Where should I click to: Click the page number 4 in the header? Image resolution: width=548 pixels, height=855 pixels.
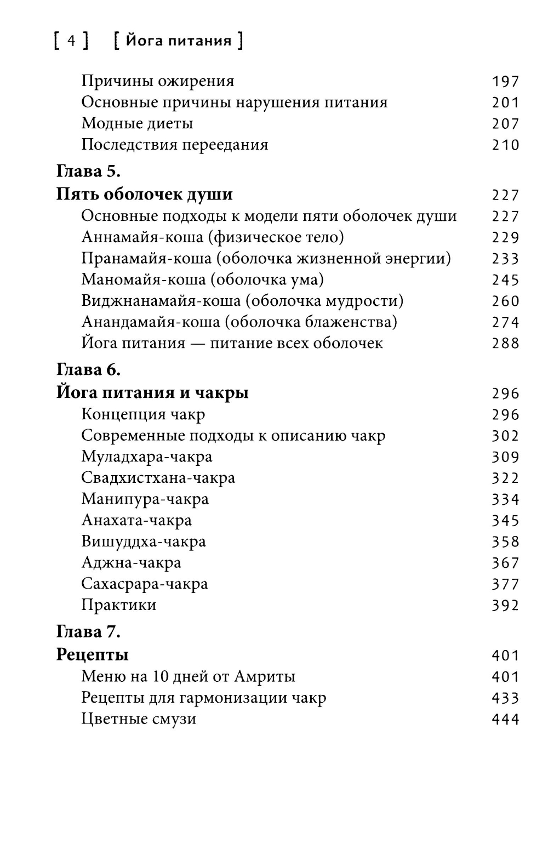[x=71, y=42]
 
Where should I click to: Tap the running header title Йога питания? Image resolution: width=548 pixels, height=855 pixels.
[x=179, y=42]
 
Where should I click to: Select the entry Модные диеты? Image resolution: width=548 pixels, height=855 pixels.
[x=137, y=123]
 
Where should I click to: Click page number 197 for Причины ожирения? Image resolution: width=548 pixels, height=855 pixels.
[x=505, y=82]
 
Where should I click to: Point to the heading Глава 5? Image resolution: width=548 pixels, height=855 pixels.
[x=88, y=172]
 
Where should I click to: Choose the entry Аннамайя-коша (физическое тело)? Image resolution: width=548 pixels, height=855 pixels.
[x=213, y=237]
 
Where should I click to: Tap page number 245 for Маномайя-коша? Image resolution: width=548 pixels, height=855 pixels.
[x=505, y=280]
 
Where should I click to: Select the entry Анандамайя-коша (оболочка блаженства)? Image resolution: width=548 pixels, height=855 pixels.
[x=239, y=322]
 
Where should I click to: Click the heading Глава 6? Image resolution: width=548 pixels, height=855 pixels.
[x=88, y=370]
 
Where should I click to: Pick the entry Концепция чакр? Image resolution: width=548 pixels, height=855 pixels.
[x=143, y=414]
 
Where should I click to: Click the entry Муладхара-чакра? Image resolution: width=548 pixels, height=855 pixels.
[x=147, y=457]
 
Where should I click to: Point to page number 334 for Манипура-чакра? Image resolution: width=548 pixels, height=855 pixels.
[x=505, y=499]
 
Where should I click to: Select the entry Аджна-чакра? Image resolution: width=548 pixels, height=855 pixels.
[x=131, y=563]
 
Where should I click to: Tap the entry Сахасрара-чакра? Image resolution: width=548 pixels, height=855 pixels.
[x=145, y=584]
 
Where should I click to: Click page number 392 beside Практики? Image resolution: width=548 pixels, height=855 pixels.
[x=505, y=606]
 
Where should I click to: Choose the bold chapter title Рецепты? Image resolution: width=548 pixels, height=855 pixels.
[x=93, y=655]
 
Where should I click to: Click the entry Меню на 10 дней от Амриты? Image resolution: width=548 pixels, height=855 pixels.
[x=188, y=677]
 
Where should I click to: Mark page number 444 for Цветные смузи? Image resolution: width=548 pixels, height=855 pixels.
[x=505, y=720]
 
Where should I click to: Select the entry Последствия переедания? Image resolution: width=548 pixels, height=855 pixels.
[x=175, y=145]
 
